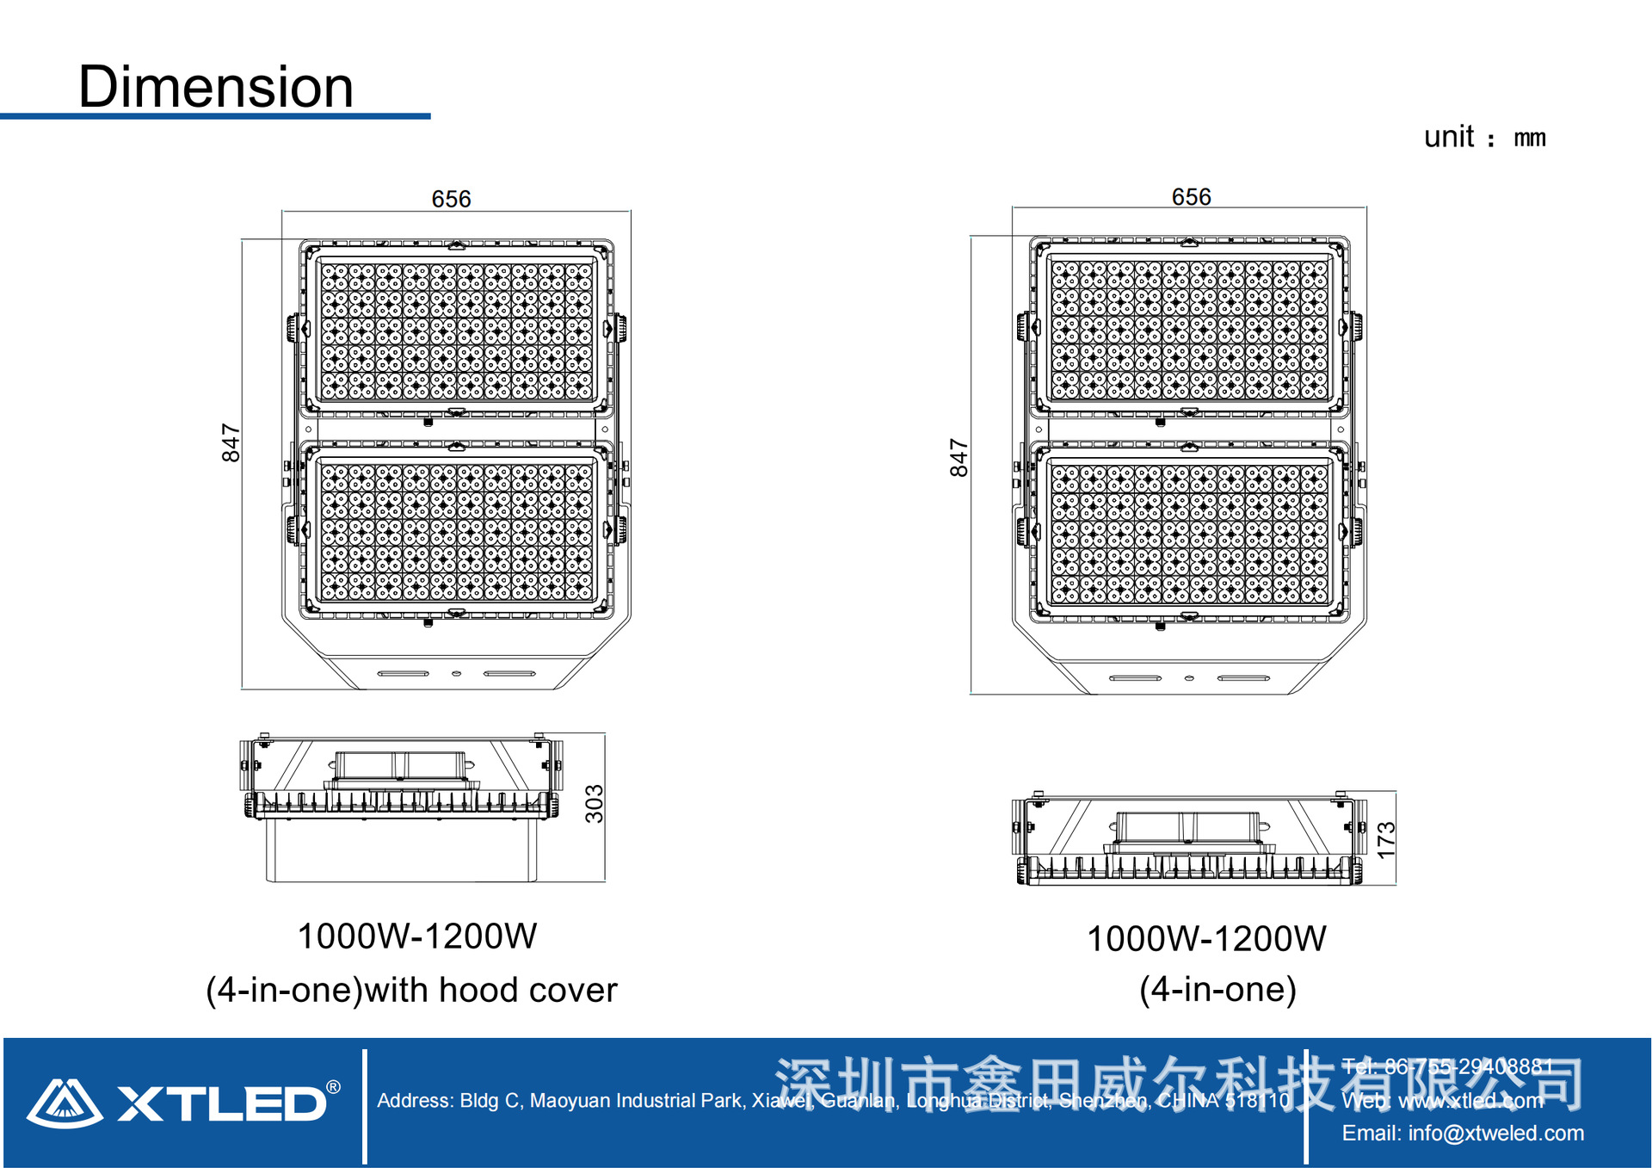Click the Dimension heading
216,87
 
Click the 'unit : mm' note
1484,138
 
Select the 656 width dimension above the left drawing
451,199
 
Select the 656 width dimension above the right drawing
1191,197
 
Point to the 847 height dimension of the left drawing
231,442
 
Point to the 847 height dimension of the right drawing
959,457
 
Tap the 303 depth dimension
594,804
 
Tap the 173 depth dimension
1385,839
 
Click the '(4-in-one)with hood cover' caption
411,990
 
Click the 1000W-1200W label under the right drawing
1206,938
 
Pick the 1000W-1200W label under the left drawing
416,936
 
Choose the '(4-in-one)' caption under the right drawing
1217,989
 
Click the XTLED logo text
221,1103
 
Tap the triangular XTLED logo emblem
65,1103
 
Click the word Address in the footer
414,1100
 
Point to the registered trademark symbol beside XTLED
334,1087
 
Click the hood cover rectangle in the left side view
401,850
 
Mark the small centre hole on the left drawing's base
456,673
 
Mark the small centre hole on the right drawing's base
1189,678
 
